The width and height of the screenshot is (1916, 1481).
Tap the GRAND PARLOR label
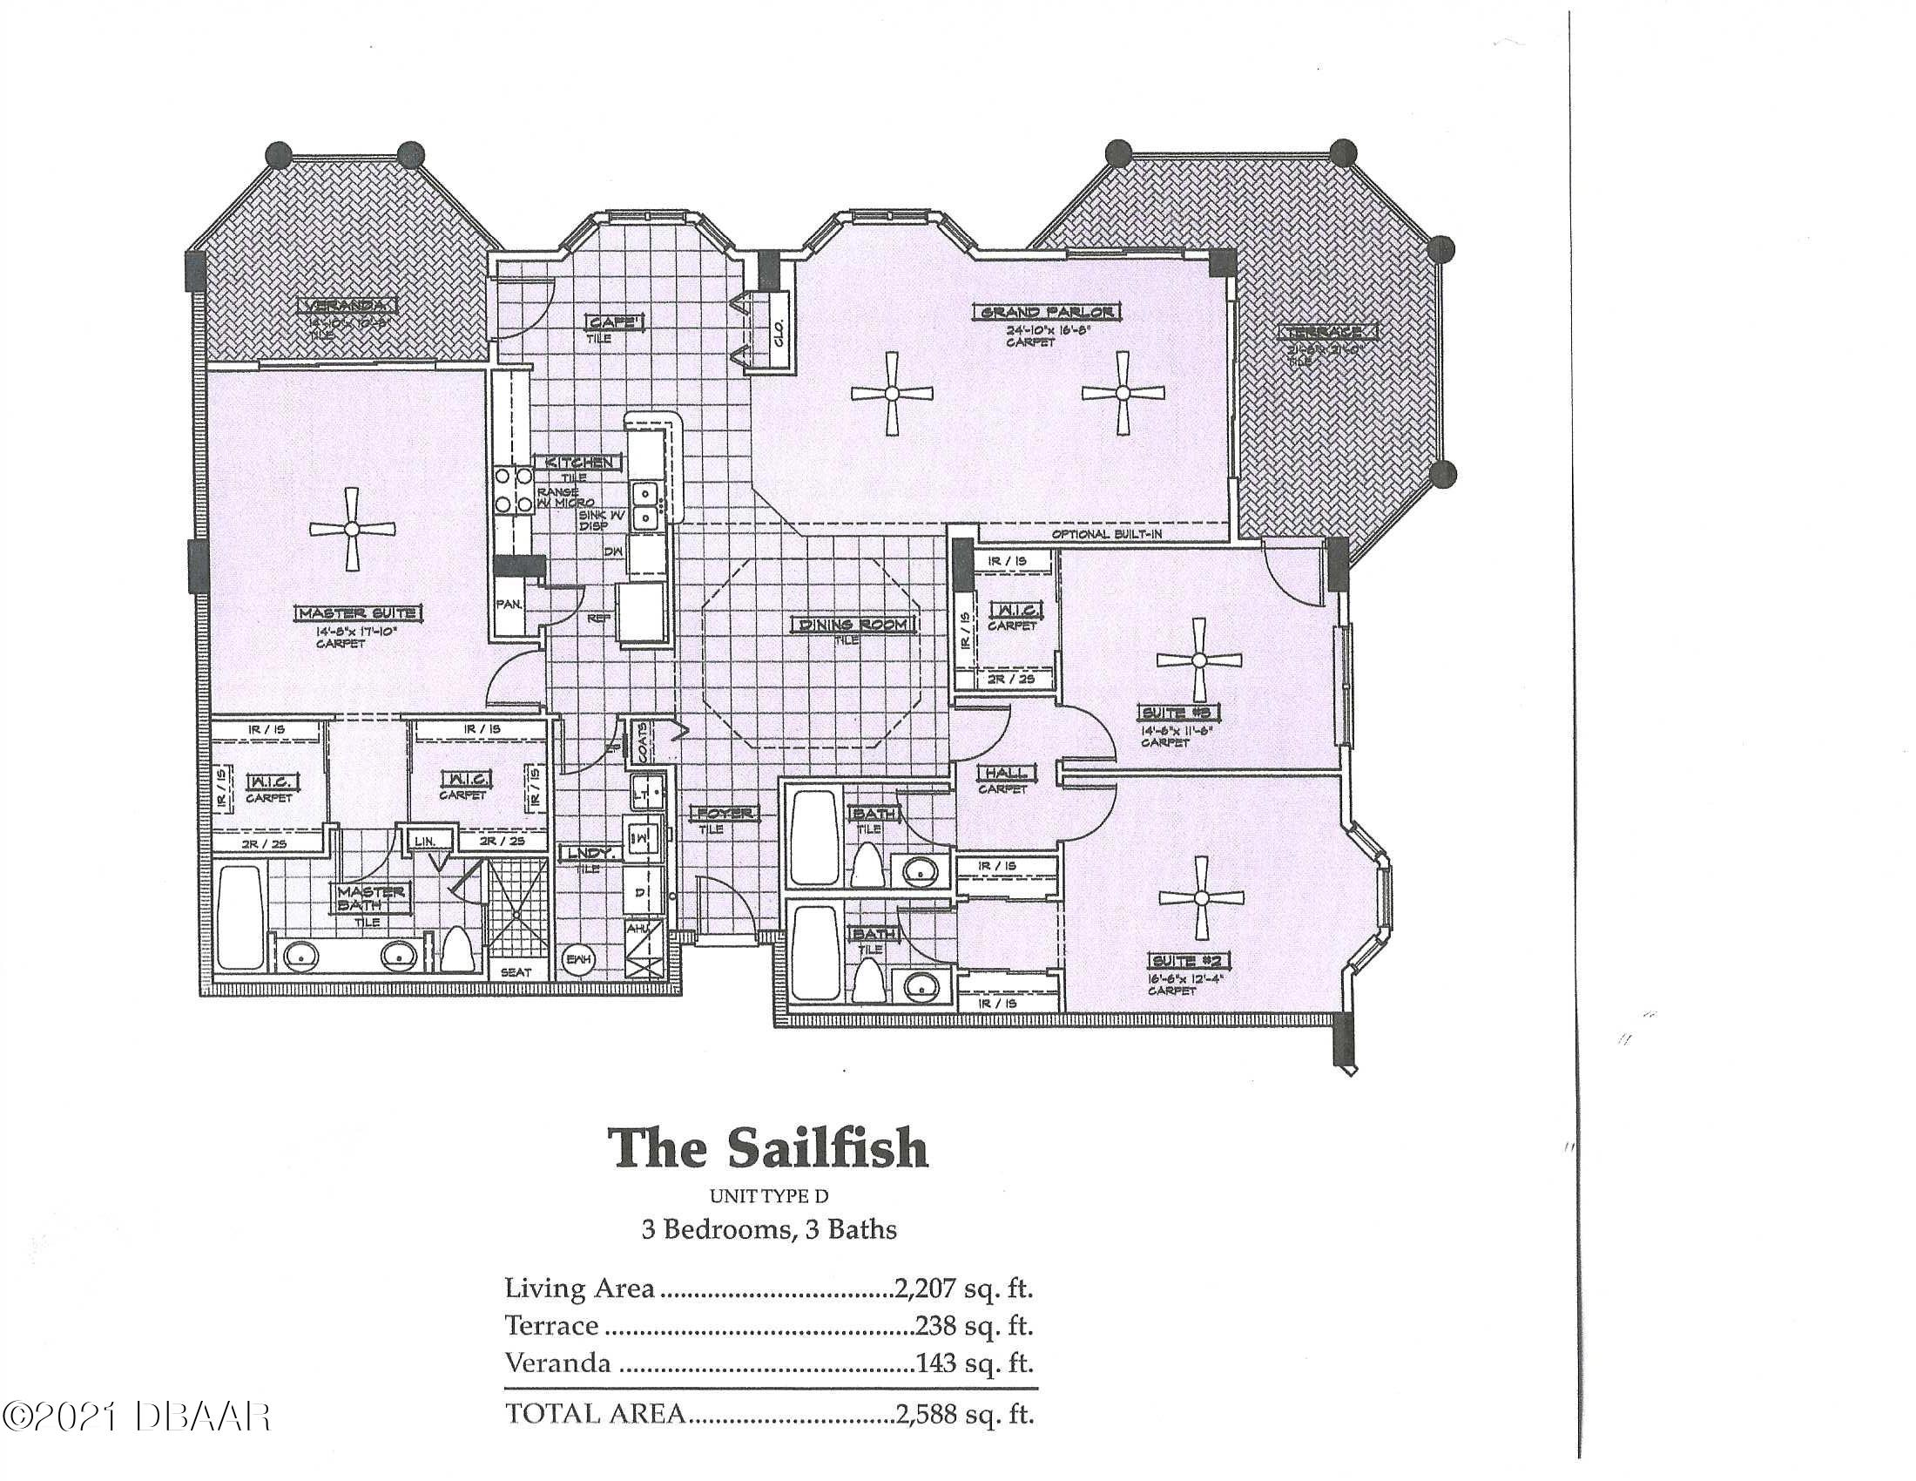coord(1048,313)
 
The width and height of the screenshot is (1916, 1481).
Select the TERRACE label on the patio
coord(1326,333)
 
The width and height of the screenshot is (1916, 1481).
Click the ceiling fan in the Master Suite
coord(352,528)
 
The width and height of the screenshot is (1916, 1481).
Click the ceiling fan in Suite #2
coord(1201,897)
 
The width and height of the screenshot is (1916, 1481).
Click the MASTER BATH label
coord(371,896)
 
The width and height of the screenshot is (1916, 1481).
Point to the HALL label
coord(1006,773)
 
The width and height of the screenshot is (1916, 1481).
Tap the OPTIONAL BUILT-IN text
coord(1106,534)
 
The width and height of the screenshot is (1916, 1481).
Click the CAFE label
coord(615,322)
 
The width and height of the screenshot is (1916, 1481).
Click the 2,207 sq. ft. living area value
coord(963,1288)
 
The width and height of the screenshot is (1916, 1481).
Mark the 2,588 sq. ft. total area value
coord(963,1413)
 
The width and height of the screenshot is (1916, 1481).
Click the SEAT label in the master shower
coord(515,972)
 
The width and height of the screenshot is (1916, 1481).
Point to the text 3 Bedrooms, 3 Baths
coord(768,1229)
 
